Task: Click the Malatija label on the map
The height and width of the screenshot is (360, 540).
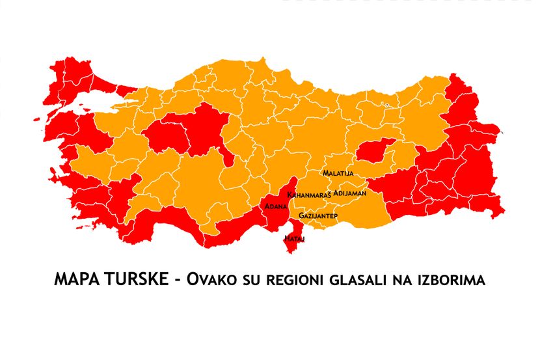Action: [x=338, y=174]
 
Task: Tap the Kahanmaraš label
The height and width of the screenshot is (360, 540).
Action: [x=309, y=195]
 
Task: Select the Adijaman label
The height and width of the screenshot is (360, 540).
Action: [x=349, y=193]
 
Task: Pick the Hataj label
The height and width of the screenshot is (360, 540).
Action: [x=294, y=239]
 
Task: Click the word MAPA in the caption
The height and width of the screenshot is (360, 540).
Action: [x=74, y=280]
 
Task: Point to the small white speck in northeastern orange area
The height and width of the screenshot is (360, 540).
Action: [x=386, y=104]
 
